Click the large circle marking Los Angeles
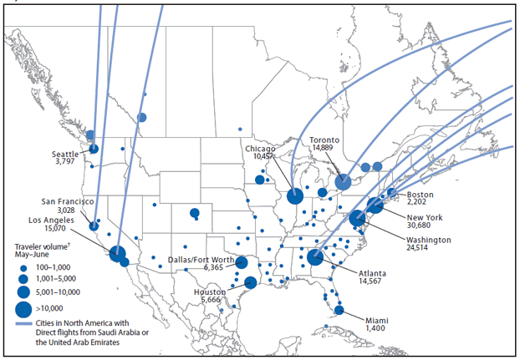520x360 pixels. pos(117,253)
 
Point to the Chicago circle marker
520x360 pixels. pos(294,196)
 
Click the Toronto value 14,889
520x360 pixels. pos(324,148)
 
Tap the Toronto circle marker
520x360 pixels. pos(342,181)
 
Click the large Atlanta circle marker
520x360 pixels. pos(315,257)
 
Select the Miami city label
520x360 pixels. pos(378,319)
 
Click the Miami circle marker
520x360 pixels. pos(339,311)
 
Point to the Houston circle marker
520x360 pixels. pos(249,283)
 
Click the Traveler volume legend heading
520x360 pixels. pos(43,246)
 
